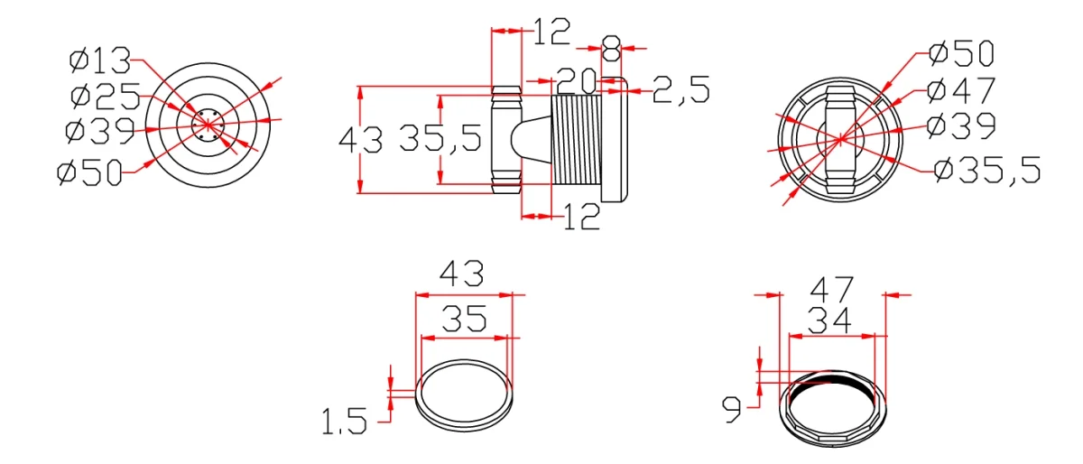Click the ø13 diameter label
click(x=99, y=62)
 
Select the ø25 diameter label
click(x=105, y=96)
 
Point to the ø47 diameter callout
click(x=961, y=90)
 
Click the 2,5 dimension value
click(x=680, y=90)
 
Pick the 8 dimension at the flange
click(x=611, y=45)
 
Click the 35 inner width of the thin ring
click(x=464, y=318)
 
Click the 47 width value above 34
click(x=831, y=290)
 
